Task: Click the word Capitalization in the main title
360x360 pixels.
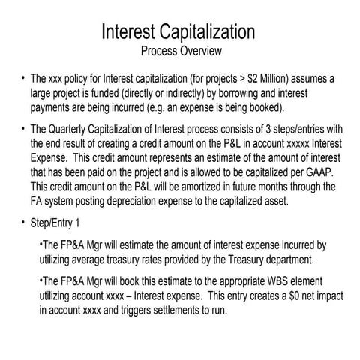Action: coord(203,33)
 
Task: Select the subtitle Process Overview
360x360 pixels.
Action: coord(180,52)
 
